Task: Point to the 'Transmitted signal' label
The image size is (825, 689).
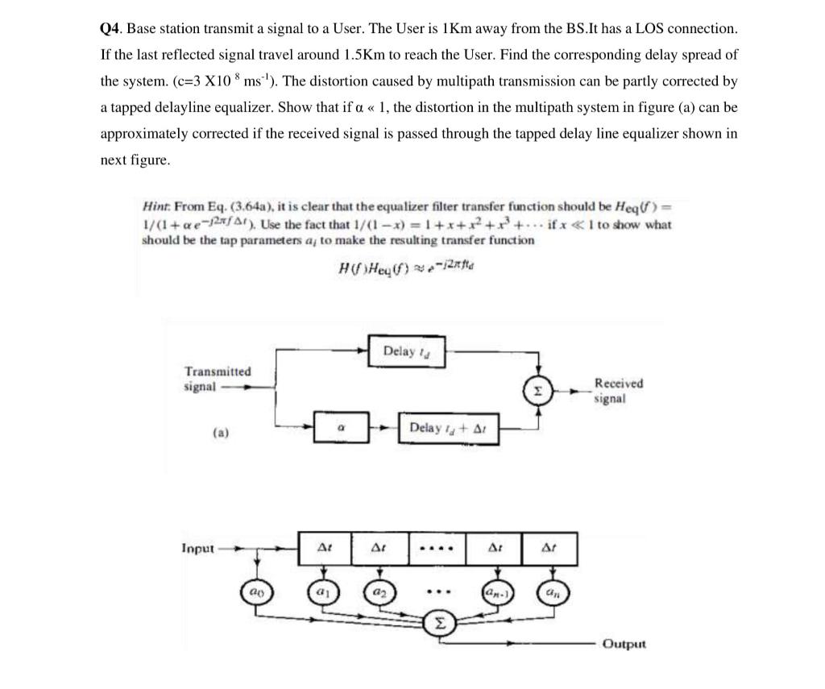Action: tap(217, 379)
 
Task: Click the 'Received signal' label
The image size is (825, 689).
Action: tap(618, 391)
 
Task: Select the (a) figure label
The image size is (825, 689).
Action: tap(221, 434)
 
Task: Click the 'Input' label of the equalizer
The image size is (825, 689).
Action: tap(197, 548)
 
